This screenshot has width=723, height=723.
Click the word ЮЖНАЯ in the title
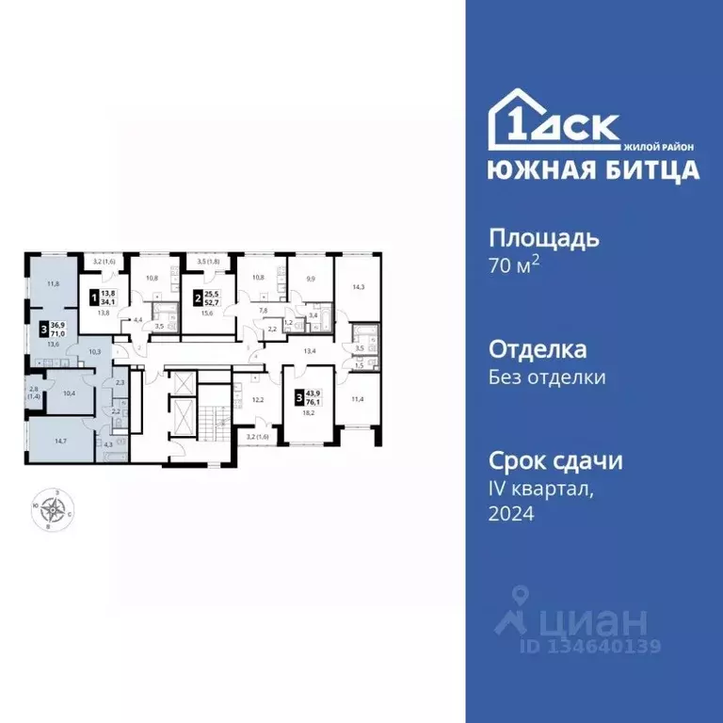[x=530, y=170]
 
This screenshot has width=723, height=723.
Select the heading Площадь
[x=543, y=238]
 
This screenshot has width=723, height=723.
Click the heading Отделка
[x=538, y=350]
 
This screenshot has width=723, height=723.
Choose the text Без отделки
[x=547, y=378]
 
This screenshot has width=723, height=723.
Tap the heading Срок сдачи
[x=555, y=461]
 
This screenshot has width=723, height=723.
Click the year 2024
[x=511, y=514]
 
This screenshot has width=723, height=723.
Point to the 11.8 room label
[x=54, y=282]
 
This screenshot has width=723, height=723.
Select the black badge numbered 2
[x=198, y=299]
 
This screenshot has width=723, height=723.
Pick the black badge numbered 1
[x=92, y=299]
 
